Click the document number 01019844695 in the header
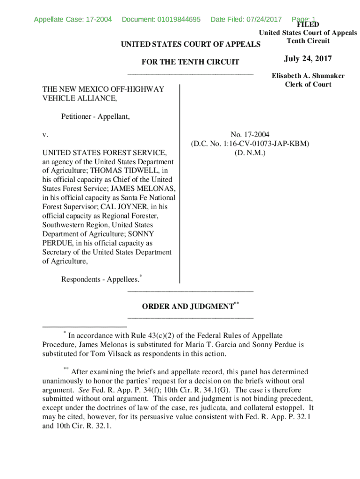178,19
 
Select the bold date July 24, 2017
308,59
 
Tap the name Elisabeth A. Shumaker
308,76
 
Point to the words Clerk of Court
308,84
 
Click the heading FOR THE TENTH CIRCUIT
190,62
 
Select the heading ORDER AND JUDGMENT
187,307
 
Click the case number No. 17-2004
250,135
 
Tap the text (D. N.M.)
250,152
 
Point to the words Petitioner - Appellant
95,117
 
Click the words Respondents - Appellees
100,279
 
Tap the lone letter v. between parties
45,135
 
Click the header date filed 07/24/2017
263,19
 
